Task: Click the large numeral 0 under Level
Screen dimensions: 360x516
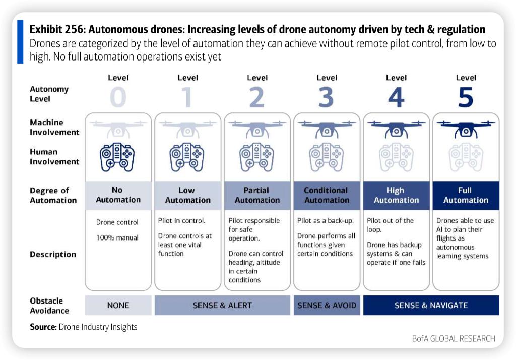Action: [x=118, y=97]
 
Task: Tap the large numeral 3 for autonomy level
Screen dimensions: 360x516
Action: [x=326, y=97]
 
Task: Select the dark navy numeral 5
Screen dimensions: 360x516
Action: [x=465, y=97]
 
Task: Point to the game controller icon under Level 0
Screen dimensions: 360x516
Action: [x=118, y=157]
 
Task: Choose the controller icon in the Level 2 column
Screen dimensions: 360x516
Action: [x=256, y=157]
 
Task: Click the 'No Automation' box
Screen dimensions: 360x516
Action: [x=118, y=195]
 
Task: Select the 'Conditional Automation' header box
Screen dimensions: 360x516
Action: [x=327, y=195]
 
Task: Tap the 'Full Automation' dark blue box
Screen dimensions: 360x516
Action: [x=466, y=195]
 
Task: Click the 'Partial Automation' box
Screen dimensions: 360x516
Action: [x=257, y=195]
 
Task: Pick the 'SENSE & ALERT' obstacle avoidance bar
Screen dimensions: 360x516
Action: [x=222, y=305]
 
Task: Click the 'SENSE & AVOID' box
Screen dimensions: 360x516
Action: [x=327, y=305]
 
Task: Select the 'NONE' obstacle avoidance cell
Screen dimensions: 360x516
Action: [x=118, y=305]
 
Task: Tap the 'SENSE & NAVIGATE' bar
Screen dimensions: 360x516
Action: [x=431, y=305]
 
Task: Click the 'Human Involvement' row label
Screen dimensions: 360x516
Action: [x=54, y=157]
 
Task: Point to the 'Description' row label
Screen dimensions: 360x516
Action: [x=53, y=255]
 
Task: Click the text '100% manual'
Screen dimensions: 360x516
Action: [x=117, y=237]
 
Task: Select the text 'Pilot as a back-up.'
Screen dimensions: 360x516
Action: [x=326, y=221]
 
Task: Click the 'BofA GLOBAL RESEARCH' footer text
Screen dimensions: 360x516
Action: [x=454, y=338]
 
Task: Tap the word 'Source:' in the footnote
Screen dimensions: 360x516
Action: [x=43, y=327]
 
